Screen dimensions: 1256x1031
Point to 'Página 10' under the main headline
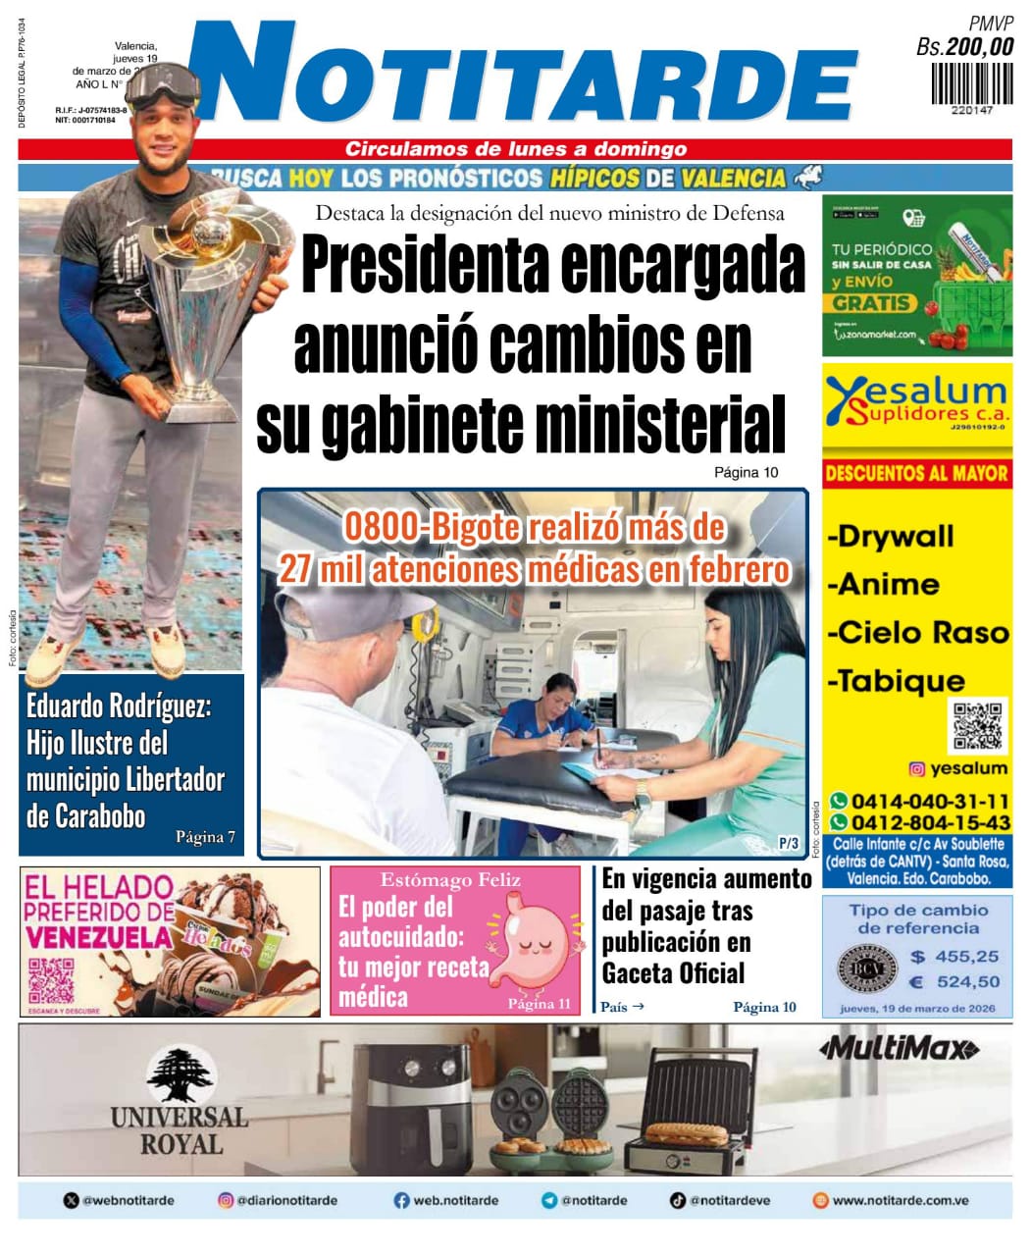click(x=746, y=472)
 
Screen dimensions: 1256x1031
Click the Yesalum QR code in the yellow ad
click(x=978, y=727)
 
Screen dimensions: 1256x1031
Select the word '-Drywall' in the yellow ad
click(x=891, y=537)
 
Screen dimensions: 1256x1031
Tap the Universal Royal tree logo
click(x=180, y=1076)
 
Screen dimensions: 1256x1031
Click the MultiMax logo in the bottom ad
click(x=899, y=1049)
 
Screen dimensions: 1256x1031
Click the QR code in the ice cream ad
click(x=52, y=977)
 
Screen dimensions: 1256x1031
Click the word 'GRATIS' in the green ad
click(x=872, y=303)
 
